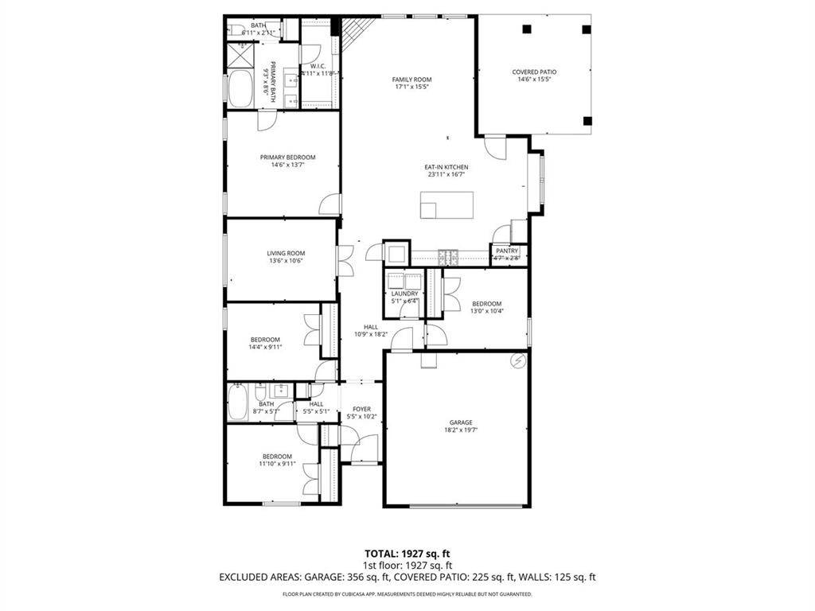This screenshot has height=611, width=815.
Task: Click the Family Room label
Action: tap(411, 80)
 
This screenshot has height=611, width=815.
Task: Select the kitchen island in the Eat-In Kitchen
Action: tap(446, 205)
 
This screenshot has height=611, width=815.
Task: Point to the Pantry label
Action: tap(507, 251)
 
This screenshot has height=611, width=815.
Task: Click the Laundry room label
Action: tap(404, 294)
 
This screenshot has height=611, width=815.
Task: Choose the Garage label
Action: tap(460, 422)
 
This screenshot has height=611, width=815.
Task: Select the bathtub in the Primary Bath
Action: tap(240, 89)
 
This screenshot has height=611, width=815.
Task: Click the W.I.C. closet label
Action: tap(316, 66)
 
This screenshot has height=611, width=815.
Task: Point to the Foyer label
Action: tap(361, 410)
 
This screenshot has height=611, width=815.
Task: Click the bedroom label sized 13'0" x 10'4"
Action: tap(486, 303)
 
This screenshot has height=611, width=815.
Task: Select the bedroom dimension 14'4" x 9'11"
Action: tap(266, 347)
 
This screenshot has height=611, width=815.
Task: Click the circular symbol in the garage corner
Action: tap(519, 360)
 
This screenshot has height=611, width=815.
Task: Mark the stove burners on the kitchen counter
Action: tap(448, 257)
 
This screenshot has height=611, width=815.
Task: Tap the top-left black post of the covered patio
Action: tap(526, 29)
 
